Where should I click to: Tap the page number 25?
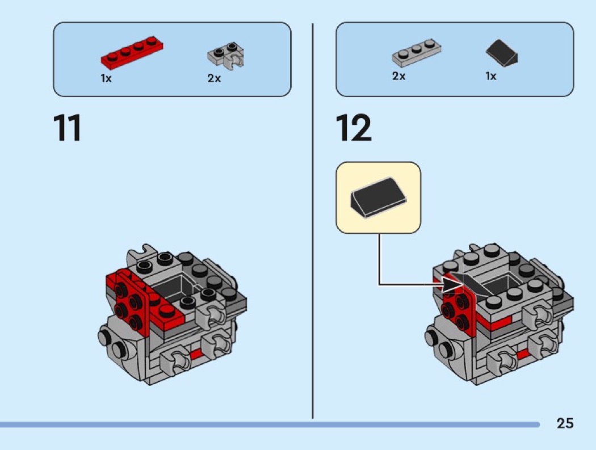coord(564,423)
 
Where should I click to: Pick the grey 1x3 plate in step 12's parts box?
coord(417,52)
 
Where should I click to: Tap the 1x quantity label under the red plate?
coord(106,78)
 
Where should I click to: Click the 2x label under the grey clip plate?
coord(214,78)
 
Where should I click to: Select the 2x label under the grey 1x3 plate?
coord(398,76)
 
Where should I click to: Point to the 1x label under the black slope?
coord(491,76)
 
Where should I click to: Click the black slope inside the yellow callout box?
coord(378,197)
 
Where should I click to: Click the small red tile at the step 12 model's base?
coord(523,356)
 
